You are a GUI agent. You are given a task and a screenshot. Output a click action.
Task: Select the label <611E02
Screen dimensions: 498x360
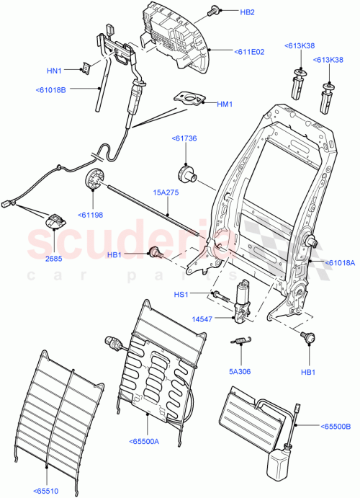(x=249, y=51)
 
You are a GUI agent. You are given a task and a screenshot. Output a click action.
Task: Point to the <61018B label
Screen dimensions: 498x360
(x=50, y=90)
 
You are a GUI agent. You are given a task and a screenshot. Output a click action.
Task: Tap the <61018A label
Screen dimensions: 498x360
(x=340, y=262)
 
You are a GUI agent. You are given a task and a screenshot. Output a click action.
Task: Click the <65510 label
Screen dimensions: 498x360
(x=47, y=488)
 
